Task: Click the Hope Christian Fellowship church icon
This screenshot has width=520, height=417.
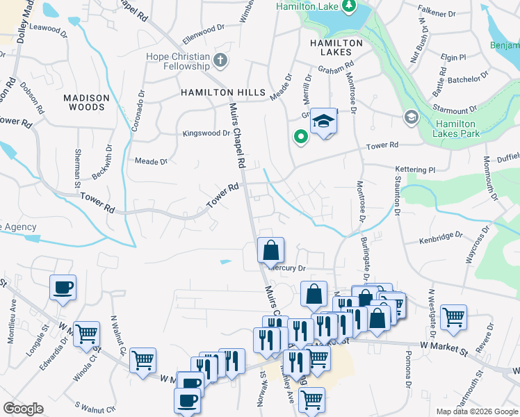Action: pos(221,60)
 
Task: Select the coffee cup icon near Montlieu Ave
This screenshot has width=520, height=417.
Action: pos(63,287)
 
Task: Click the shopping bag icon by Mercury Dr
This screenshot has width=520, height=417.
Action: pos(271,250)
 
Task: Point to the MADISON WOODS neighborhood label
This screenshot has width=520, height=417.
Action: pos(87,103)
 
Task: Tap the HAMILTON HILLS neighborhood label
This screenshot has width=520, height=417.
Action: pos(222,92)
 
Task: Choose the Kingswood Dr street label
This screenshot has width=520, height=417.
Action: pos(206,133)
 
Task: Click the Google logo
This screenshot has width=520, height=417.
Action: pos(23,409)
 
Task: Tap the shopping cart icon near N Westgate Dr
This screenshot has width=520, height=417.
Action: pos(453,317)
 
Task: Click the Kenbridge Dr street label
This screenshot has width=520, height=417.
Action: pos(441,238)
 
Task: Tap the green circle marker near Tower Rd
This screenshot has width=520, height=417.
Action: pos(301,138)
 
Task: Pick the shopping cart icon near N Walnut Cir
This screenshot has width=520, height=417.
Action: pos(143,360)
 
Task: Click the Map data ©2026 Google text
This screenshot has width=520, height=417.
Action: pos(476,411)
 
